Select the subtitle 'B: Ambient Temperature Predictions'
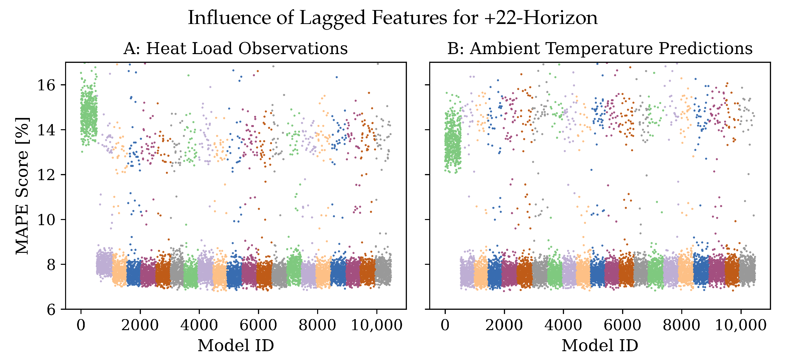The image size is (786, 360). tap(600, 48)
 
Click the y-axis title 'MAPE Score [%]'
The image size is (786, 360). tap(22, 186)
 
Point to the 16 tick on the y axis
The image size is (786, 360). tap(46, 85)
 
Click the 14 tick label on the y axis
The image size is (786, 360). tap(46, 130)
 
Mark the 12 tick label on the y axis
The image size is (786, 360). tap(46, 175)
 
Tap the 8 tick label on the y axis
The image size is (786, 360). tap(51, 265)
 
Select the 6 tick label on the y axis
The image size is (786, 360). tap(51, 309)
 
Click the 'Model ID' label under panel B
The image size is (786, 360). tap(600, 346)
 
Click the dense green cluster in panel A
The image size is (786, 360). tap(89, 116)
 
